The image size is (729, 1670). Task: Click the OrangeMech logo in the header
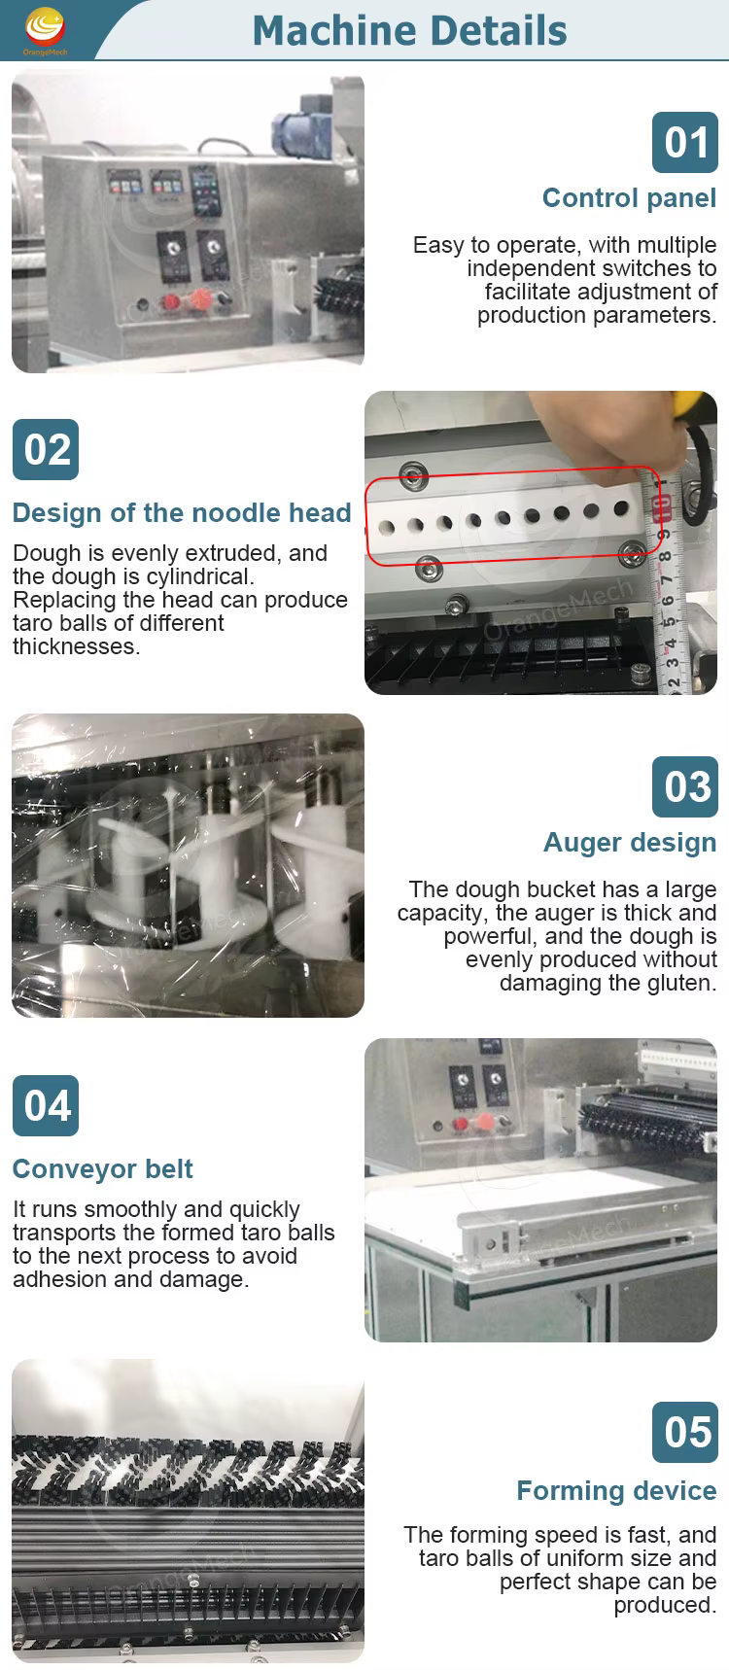[45, 30]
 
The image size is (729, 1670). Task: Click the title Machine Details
[409, 31]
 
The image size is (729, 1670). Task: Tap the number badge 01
[685, 143]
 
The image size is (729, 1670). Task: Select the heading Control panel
[629, 198]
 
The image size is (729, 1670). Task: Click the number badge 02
[46, 449]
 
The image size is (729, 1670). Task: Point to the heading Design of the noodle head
[182, 513]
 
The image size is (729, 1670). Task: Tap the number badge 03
[685, 786]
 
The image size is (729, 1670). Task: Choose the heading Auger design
[630, 843]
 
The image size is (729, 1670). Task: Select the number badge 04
[46, 1105]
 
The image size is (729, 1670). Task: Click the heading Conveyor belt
[103, 1169]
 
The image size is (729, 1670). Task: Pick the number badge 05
[685, 1432]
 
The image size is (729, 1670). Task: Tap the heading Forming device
[616, 1491]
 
